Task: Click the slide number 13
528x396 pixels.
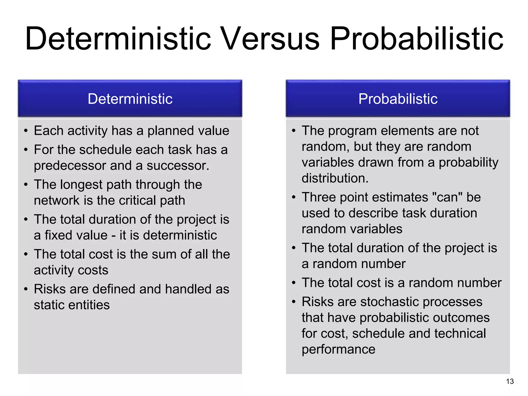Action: [x=510, y=381]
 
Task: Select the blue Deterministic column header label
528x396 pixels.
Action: [x=130, y=99]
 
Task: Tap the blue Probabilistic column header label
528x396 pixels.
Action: [x=398, y=99]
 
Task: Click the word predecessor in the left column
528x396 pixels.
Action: [x=70, y=166]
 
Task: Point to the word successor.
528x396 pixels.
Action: [x=178, y=166]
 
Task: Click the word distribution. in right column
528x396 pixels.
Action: [x=335, y=178]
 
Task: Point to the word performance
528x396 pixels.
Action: [x=338, y=349]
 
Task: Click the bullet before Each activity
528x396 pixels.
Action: [x=26, y=131]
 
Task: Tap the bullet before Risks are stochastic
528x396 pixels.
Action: [x=294, y=302]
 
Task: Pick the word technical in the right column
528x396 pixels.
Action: [x=460, y=334]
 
